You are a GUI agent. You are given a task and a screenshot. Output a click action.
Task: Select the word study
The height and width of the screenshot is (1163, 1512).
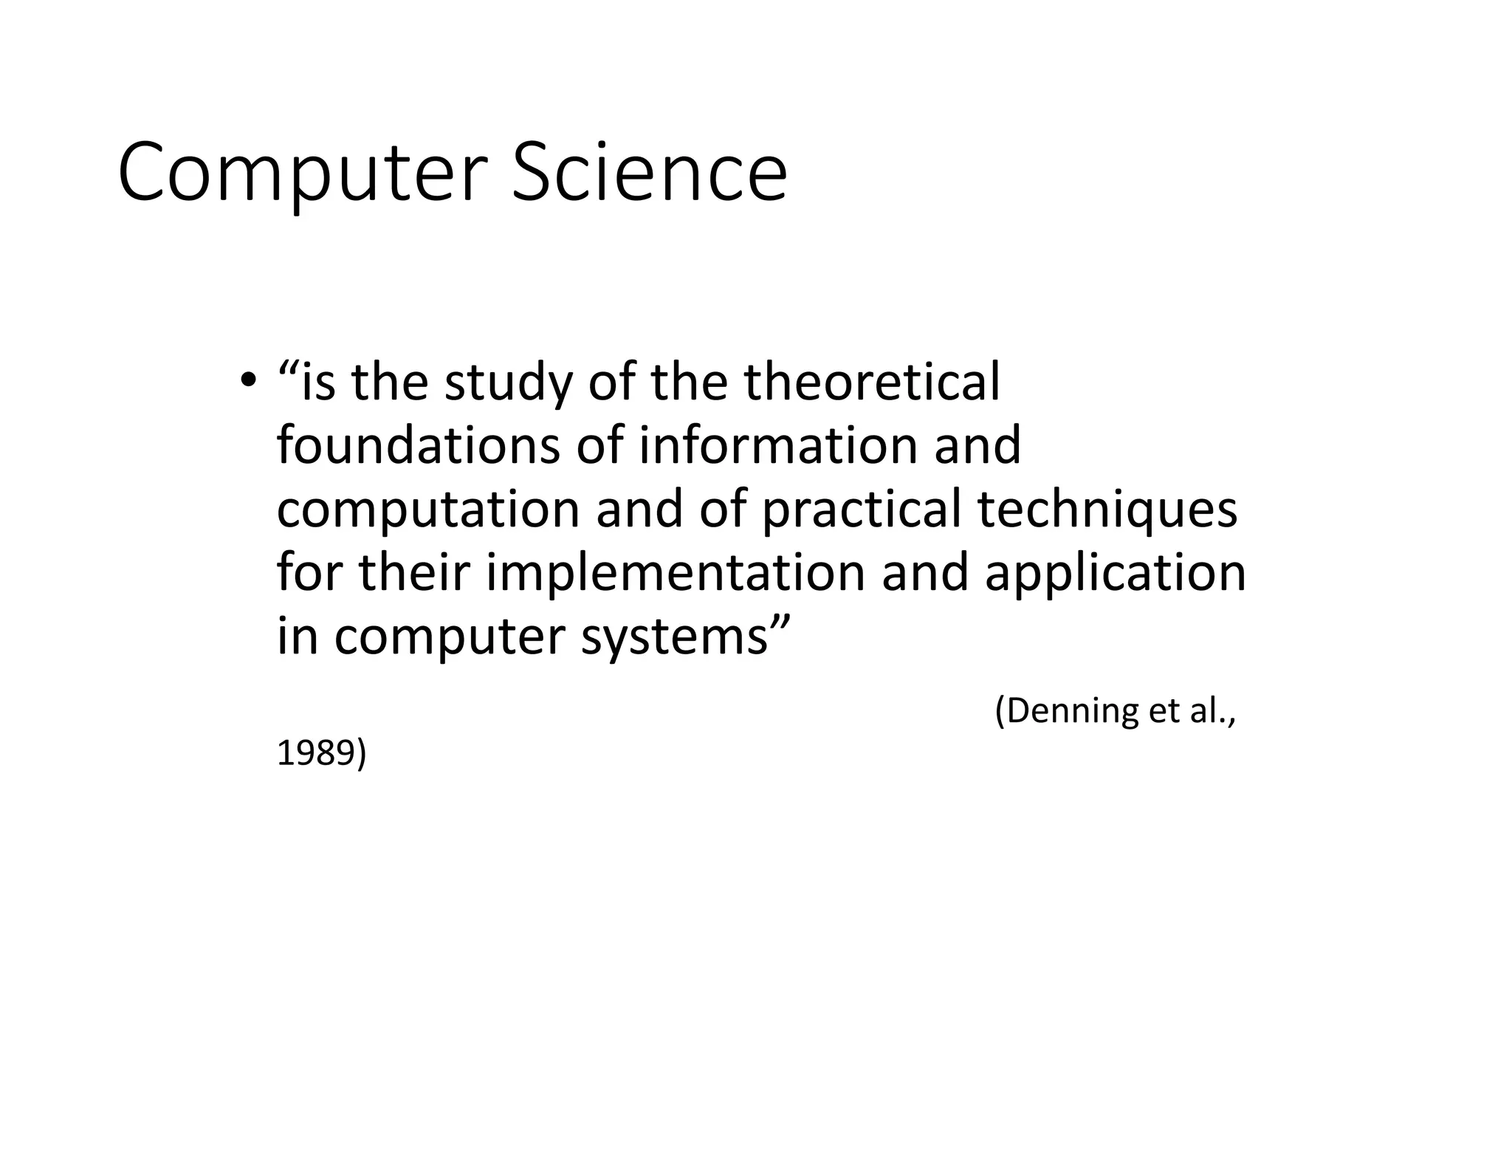(x=508, y=383)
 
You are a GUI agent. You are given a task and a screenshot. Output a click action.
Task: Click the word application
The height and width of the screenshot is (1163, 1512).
(x=1115, y=574)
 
